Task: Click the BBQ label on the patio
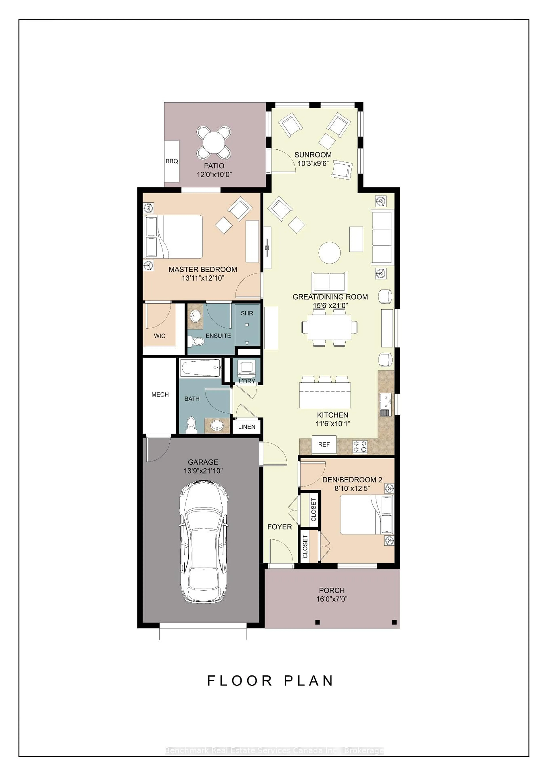click(172, 161)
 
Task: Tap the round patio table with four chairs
click(214, 143)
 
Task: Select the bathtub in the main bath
click(201, 368)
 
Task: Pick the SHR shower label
click(247, 313)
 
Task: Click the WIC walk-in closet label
click(159, 336)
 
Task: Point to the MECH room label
click(160, 395)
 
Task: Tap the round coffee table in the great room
click(329, 252)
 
